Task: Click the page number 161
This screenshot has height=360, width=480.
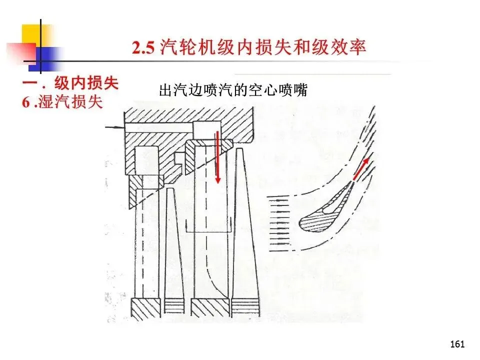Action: pyautogui.click(x=457, y=344)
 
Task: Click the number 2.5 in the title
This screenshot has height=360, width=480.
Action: pyautogui.click(x=143, y=48)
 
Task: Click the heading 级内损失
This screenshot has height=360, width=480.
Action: pyautogui.click(x=86, y=83)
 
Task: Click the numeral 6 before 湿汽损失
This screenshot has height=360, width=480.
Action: pyautogui.click(x=25, y=102)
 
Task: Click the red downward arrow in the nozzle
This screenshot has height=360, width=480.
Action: pyautogui.click(x=217, y=156)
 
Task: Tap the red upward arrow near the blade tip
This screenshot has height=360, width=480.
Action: pyautogui.click(x=360, y=170)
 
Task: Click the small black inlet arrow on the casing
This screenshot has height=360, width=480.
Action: pyautogui.click(x=114, y=126)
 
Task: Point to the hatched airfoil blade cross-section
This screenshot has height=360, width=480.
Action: pyautogui.click(x=325, y=208)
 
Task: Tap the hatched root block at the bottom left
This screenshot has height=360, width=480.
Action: pyautogui.click(x=145, y=308)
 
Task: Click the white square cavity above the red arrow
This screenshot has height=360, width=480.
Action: pyautogui.click(x=206, y=130)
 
